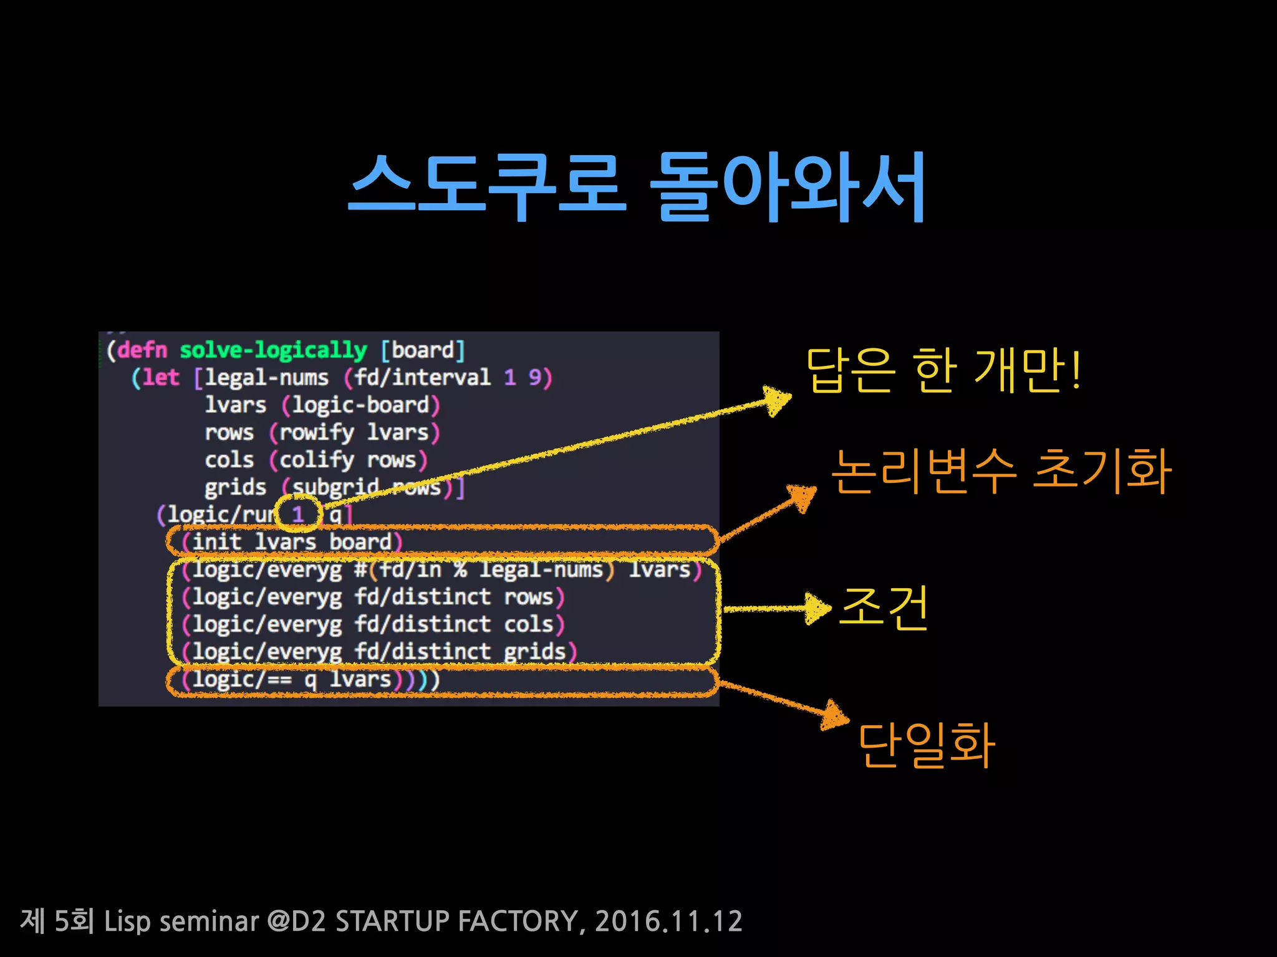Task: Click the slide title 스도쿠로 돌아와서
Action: (x=637, y=187)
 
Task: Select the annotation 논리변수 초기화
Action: (x=1001, y=471)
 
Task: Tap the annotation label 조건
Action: (x=884, y=607)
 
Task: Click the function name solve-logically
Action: (x=273, y=350)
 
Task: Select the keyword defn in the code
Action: (x=143, y=350)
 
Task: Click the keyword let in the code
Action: (x=161, y=377)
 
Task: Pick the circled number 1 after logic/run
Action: (x=298, y=515)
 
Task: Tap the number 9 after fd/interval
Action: (x=535, y=377)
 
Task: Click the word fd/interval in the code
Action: (x=423, y=377)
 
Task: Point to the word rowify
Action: (x=317, y=432)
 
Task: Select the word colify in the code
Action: (x=317, y=460)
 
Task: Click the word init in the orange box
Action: (x=216, y=541)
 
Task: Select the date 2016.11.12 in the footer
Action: (x=668, y=921)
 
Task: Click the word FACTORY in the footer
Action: (x=521, y=921)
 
